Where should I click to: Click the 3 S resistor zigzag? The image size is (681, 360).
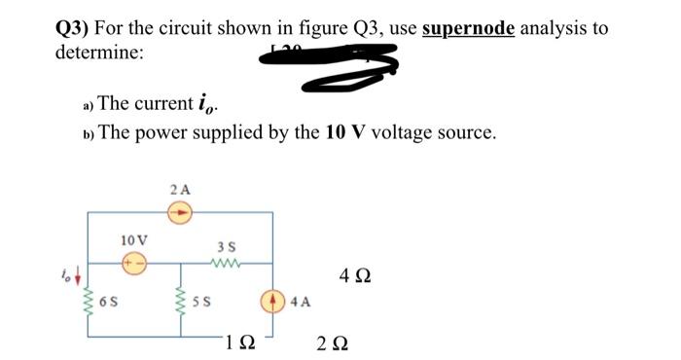pyautogui.click(x=225, y=260)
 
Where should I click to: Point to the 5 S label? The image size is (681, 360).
pyautogui.click(x=200, y=301)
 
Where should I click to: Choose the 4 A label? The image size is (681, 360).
pyautogui.click(x=299, y=301)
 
